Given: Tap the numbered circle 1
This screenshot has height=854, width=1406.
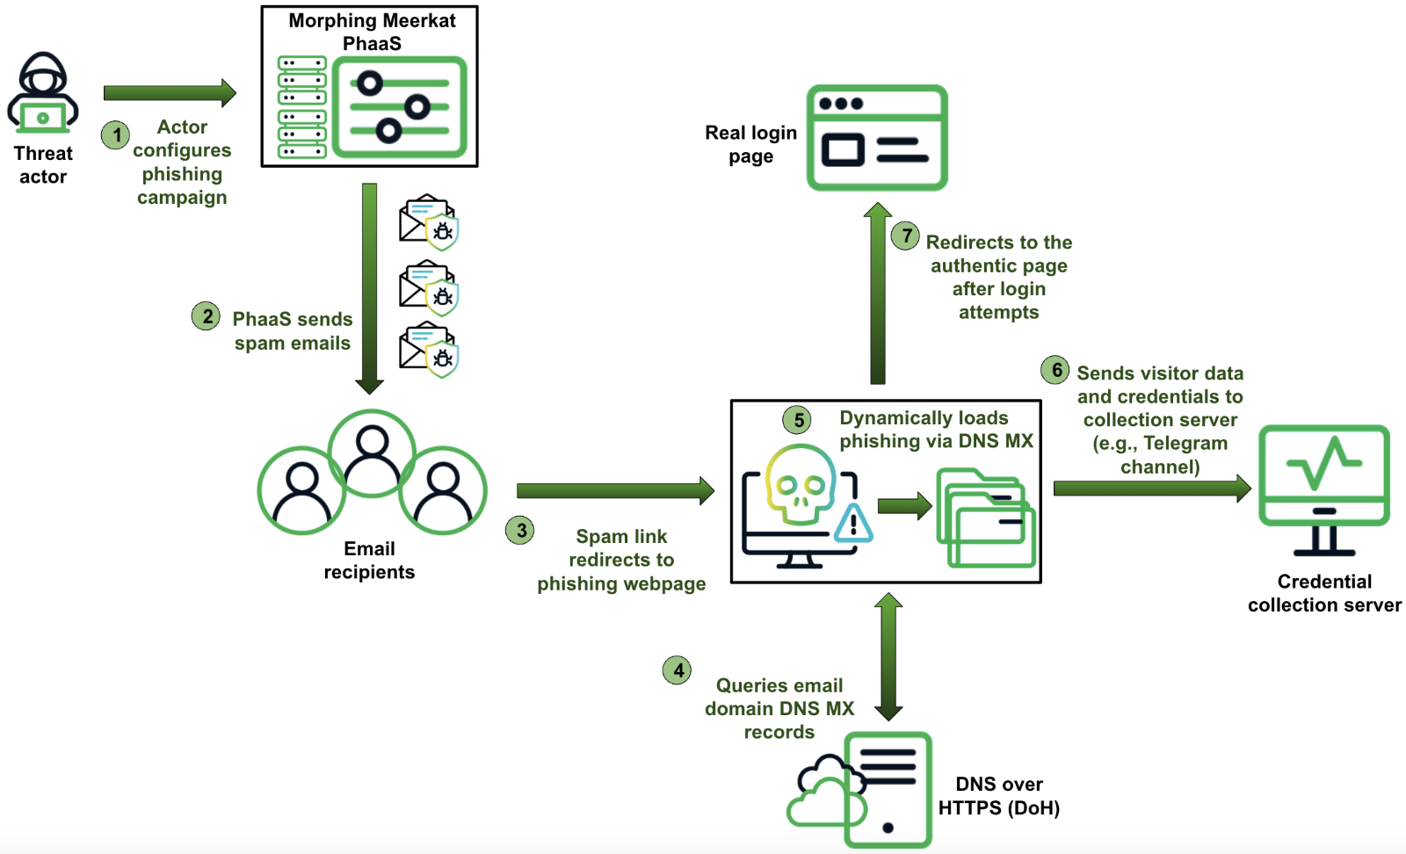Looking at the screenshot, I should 115,135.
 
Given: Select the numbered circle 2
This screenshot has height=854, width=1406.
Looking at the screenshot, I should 207,316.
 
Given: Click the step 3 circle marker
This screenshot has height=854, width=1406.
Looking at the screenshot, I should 520,530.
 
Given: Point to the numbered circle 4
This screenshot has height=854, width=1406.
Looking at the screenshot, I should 678,670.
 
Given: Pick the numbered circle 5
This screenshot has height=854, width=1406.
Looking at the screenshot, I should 797,420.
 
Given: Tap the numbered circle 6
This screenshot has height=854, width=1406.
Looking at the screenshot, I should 1055,370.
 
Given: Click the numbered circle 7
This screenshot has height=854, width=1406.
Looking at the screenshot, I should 905,235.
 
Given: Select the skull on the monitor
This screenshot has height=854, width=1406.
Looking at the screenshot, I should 800,485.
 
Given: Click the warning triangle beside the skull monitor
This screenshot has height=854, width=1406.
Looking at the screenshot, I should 852,525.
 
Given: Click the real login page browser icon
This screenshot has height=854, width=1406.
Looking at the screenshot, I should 877,137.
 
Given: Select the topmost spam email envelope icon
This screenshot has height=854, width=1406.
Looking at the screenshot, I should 428,221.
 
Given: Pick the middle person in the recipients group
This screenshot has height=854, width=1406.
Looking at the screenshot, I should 372,452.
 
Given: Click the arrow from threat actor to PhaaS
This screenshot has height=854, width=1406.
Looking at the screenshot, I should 170,92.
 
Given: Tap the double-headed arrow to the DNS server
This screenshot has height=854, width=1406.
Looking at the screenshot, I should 888,655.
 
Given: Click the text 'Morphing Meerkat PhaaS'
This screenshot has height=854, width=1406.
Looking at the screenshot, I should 372,32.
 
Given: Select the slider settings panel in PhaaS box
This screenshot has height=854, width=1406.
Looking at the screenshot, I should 400,107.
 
